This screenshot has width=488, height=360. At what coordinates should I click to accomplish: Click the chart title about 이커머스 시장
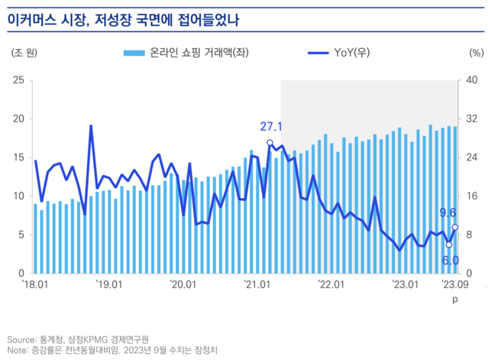pos(123,19)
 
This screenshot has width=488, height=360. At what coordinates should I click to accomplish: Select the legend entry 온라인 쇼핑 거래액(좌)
pos(186,54)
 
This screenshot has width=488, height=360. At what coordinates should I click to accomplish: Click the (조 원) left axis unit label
pos(24,54)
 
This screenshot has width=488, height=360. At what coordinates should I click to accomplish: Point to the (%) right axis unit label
pos(473,54)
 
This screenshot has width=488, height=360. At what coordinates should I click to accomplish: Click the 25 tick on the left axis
pos(19,80)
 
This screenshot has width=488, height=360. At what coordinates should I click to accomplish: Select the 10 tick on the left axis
pos(19,196)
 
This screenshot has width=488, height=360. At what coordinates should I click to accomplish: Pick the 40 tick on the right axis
pos(471,80)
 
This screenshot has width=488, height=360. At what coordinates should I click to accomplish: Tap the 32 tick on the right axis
pos(471,118)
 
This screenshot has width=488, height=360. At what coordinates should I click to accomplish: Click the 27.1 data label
pos(271,127)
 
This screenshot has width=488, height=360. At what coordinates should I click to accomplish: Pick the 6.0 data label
pos(451,261)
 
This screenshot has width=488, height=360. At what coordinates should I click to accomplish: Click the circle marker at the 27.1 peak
pos(270,142)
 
